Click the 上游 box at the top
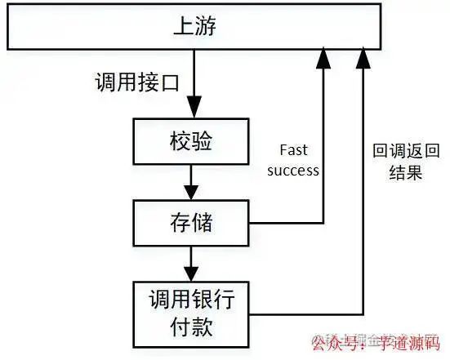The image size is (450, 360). pos(194,26)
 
